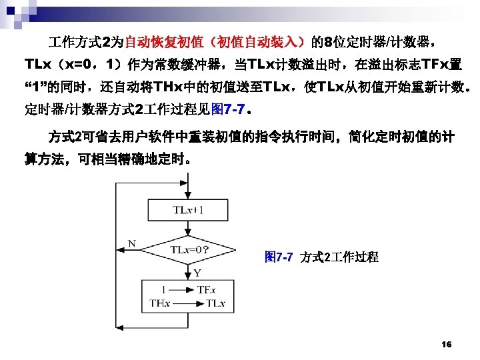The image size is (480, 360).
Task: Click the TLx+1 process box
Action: [189, 211]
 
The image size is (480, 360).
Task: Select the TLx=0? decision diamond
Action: [189, 251]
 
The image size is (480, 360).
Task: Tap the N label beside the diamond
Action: [132, 244]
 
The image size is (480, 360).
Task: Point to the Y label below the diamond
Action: [197, 273]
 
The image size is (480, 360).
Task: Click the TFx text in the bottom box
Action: [206, 291]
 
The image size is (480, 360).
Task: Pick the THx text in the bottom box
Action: [160, 303]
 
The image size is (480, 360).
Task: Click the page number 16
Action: [447, 344]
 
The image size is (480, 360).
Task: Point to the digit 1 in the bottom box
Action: [163, 291]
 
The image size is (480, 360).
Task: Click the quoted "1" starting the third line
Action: [37, 87]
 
